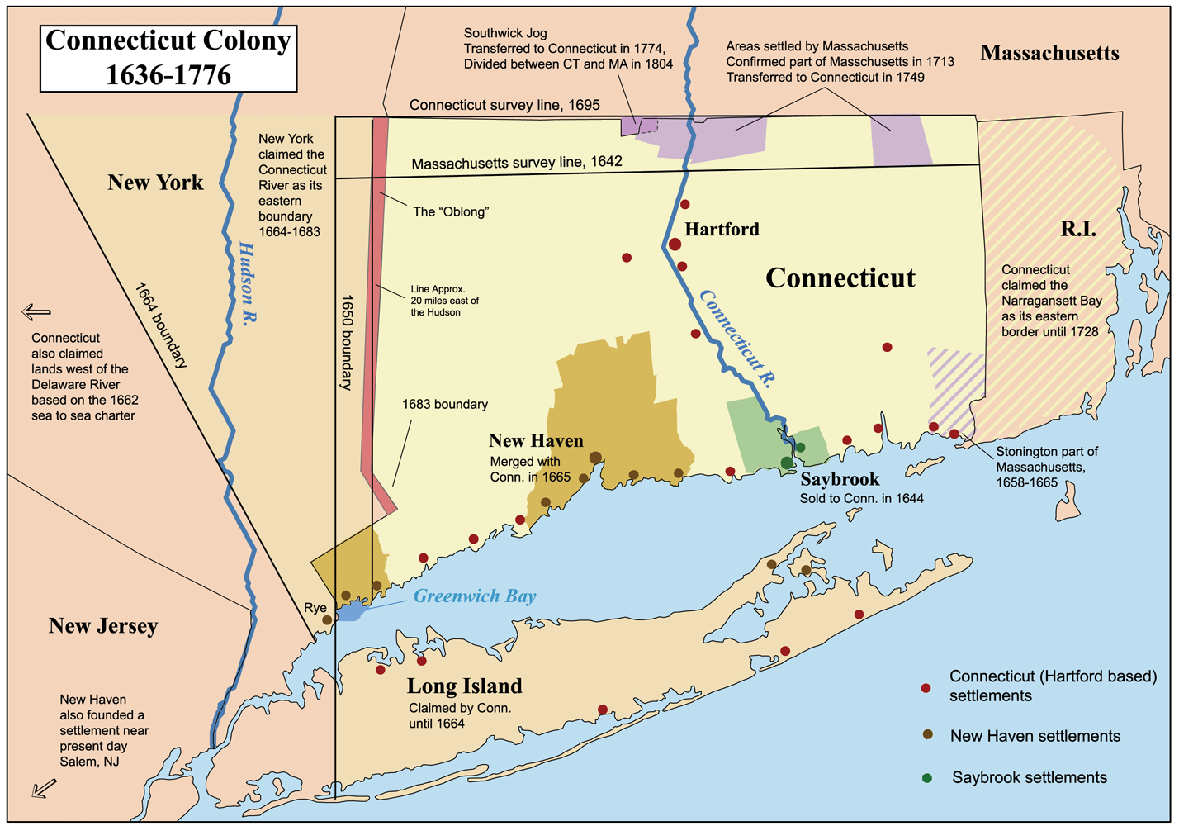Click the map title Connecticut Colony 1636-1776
pyautogui.click(x=168, y=57)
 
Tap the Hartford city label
pyautogui.click(x=722, y=230)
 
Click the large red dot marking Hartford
pyautogui.click(x=675, y=244)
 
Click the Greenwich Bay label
pyautogui.click(x=474, y=596)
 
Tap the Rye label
pyautogui.click(x=315, y=608)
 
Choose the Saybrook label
pyautogui.click(x=840, y=480)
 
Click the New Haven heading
pyautogui.click(x=536, y=441)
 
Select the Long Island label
pyautogui.click(x=464, y=686)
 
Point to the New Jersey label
pyautogui.click(x=103, y=626)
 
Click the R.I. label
pyautogui.click(x=1078, y=230)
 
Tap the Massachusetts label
pyautogui.click(x=1049, y=54)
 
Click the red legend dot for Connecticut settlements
pyautogui.click(x=926, y=688)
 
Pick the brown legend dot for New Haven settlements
pyautogui.click(x=927, y=734)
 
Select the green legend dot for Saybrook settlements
pyautogui.click(x=927, y=778)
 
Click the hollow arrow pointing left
pyautogui.click(x=36, y=312)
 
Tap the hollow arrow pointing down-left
pyautogui.click(x=44, y=788)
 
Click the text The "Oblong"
pyautogui.click(x=451, y=212)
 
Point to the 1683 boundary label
pyautogui.click(x=445, y=405)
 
